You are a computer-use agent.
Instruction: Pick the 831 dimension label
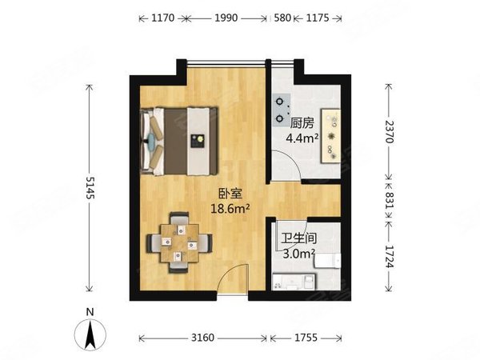pos(390,205)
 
